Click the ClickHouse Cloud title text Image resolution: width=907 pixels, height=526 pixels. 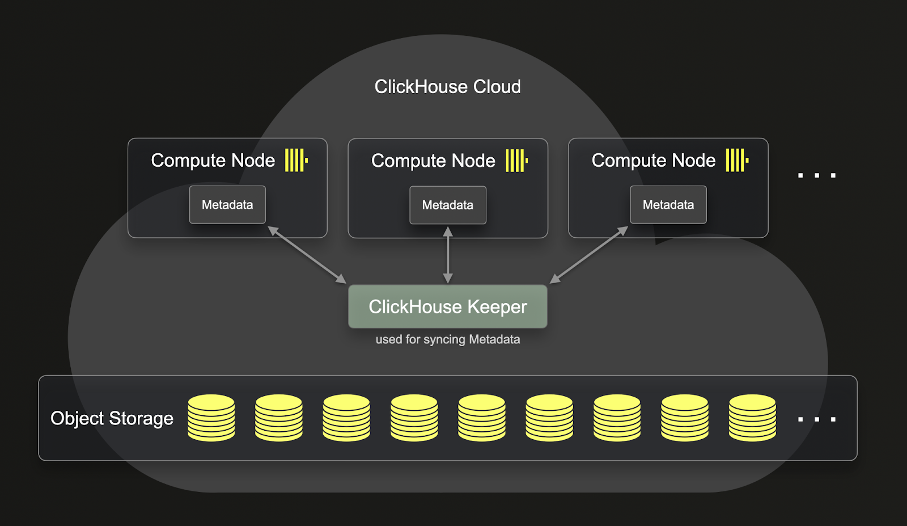point(447,87)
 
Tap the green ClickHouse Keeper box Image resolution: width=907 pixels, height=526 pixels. point(447,306)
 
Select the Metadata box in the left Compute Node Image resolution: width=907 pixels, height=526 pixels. point(227,205)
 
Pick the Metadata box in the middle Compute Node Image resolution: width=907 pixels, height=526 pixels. point(447,205)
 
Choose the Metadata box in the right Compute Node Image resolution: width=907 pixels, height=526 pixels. point(668,205)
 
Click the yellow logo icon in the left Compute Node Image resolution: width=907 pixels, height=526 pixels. point(295,161)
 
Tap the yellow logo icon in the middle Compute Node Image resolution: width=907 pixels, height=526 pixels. point(516,161)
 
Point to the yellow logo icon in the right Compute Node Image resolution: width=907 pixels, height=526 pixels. point(736,161)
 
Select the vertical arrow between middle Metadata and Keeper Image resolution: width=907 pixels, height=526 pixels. point(447,255)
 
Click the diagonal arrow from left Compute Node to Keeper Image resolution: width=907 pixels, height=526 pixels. point(307,255)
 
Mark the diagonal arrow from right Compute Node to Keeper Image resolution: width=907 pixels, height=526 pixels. point(589,255)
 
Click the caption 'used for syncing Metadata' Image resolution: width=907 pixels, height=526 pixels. point(447,339)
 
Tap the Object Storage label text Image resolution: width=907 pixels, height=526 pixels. point(112,418)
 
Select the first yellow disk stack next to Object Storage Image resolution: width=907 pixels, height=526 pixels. point(211,418)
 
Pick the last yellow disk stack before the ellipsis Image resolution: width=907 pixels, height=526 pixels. point(752,418)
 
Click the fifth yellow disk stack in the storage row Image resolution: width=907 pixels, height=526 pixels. point(481,418)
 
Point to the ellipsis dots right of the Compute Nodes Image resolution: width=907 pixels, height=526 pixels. point(816,175)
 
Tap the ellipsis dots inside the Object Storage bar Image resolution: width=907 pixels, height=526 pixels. point(816,419)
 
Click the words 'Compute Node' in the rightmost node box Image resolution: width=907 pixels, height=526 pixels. point(653,161)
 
